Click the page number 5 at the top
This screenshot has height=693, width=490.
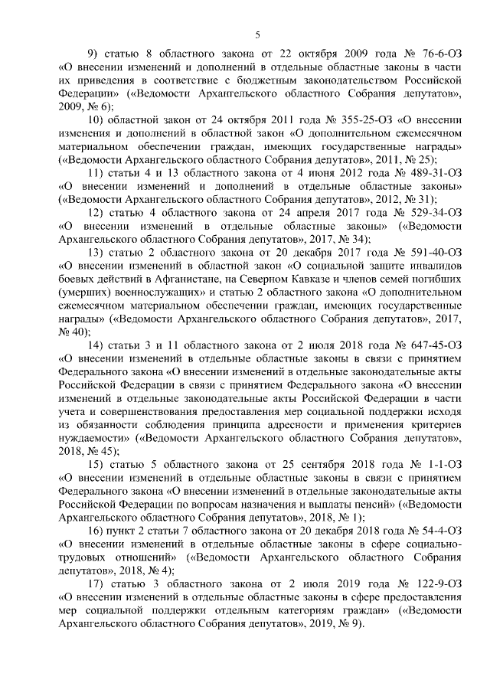pyautogui.click(x=257, y=34)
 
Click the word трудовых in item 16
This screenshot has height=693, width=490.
pyautogui.click(x=82, y=557)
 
